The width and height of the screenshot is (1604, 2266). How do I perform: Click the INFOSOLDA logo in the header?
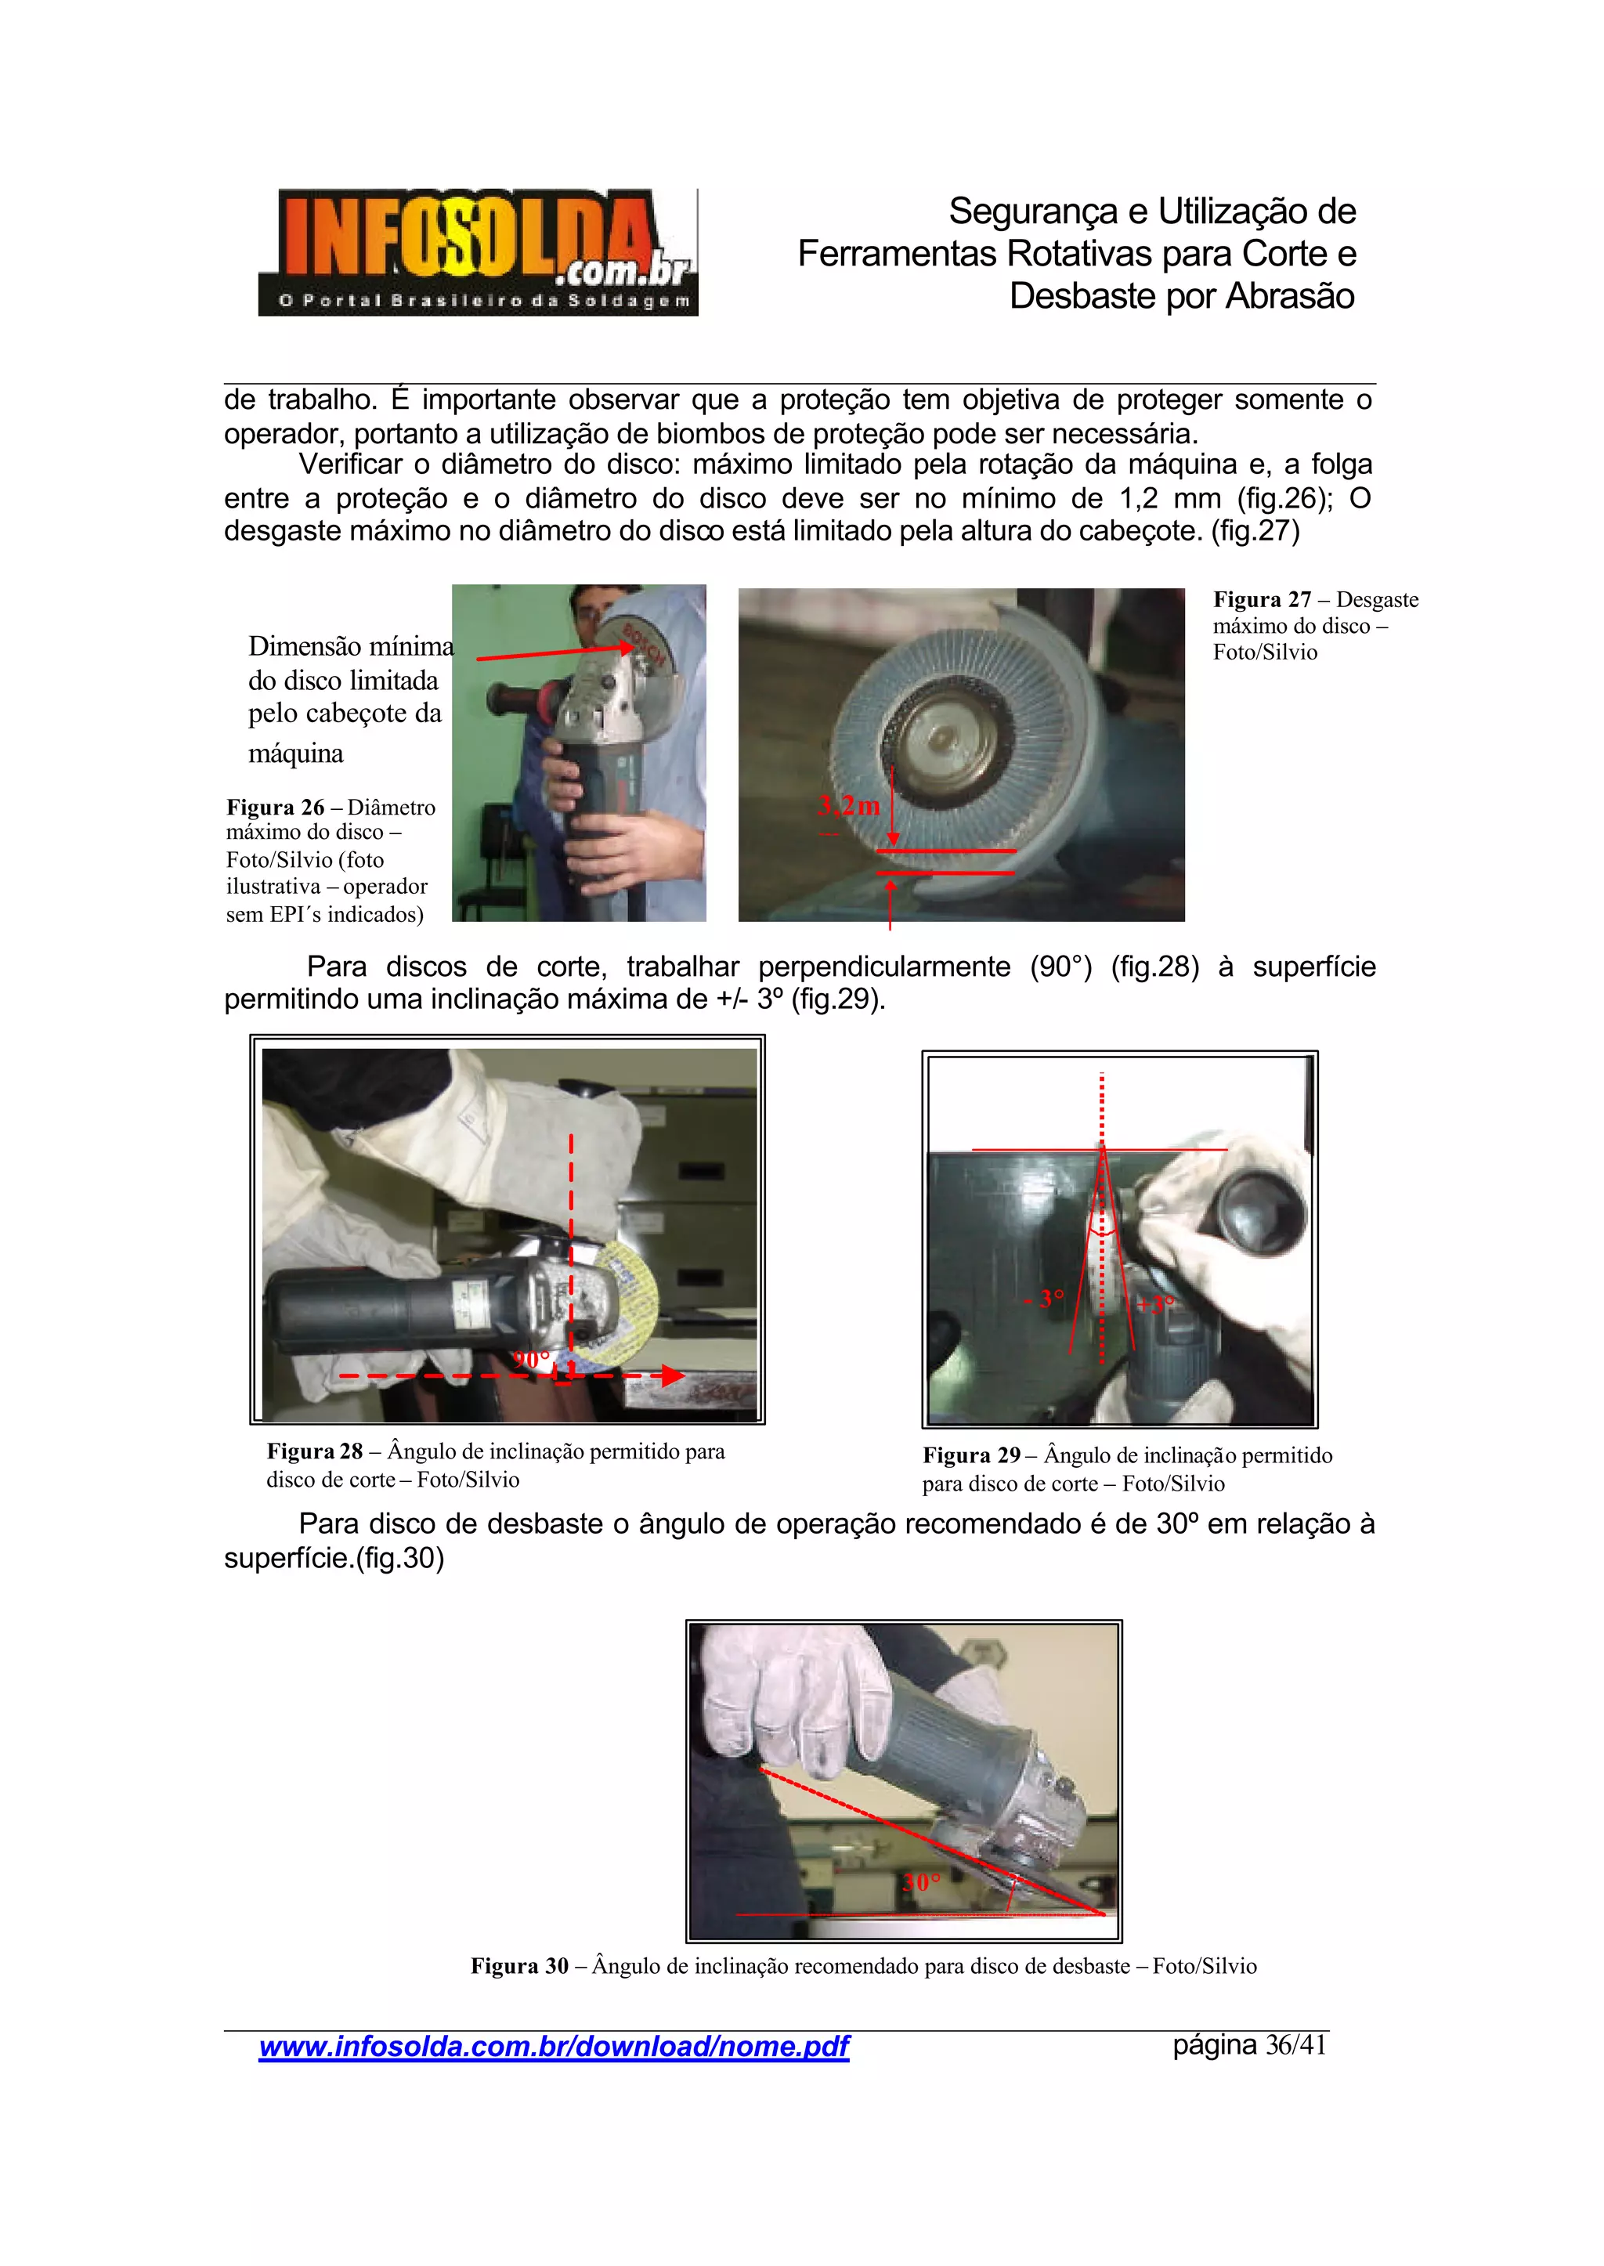[x=478, y=252]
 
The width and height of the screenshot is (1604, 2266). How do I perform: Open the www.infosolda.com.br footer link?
[x=553, y=2046]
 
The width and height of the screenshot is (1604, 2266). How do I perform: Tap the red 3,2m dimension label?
[x=848, y=806]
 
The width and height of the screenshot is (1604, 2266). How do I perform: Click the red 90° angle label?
[x=531, y=1359]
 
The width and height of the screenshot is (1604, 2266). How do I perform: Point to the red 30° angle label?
[x=922, y=1881]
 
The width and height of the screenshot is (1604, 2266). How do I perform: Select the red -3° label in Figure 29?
[x=1046, y=1298]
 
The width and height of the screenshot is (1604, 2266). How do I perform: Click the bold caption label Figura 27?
[x=1261, y=599]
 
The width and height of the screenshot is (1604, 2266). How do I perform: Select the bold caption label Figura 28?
[x=314, y=1451]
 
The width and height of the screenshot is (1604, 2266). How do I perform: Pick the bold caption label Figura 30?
[x=518, y=1966]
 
